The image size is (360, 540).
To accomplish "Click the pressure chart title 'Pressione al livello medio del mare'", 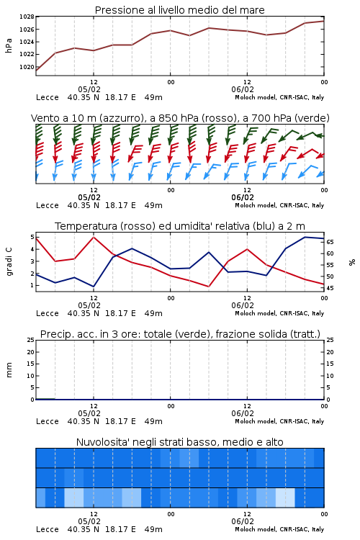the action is [x=179, y=10].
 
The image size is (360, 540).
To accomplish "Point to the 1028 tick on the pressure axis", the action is [x=27, y=17].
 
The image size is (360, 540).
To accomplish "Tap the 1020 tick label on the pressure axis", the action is [x=27, y=67].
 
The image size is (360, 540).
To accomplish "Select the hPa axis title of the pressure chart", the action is [x=9, y=45].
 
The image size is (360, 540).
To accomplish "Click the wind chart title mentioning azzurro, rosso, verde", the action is [x=180, y=118].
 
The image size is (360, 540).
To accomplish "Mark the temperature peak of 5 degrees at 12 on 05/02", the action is [x=94, y=237].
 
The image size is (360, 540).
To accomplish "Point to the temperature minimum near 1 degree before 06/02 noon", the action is [x=209, y=287].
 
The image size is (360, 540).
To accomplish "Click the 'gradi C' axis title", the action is [x=9, y=262].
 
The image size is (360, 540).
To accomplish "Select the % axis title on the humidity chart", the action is [x=352, y=262].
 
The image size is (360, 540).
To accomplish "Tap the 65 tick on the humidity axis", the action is [x=330, y=242].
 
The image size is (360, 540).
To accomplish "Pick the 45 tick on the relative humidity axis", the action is [x=330, y=288].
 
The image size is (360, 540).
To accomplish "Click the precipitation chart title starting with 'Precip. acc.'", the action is [x=180, y=334].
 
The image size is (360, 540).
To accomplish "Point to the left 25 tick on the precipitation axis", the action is [x=31, y=340].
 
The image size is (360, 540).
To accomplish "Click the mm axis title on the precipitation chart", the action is [x=9, y=370].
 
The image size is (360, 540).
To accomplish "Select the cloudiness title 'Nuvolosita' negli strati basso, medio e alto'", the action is [x=179, y=442].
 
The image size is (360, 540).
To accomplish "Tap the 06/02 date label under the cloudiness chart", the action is [x=243, y=521].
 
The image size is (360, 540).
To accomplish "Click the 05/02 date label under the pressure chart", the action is [x=89, y=89].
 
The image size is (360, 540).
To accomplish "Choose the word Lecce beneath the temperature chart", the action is [x=48, y=313].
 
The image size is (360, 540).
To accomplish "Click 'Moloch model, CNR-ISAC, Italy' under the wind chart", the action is [x=279, y=205].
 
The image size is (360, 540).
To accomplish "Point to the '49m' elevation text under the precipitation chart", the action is [x=153, y=421].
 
